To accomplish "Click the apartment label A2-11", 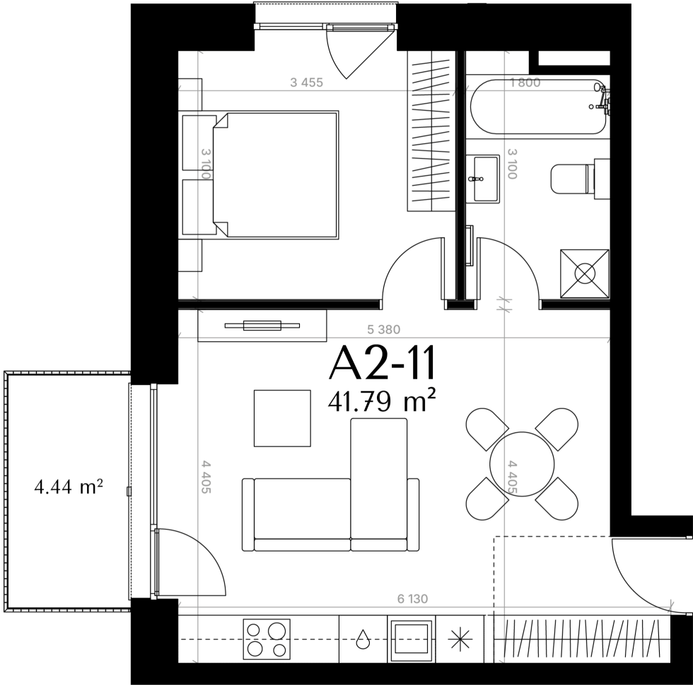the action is tap(383, 363).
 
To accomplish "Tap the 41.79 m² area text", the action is tap(382, 400).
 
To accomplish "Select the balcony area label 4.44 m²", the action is tap(69, 487).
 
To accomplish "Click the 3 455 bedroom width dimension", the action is tap(306, 83).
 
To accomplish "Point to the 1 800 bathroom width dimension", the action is tap(525, 83).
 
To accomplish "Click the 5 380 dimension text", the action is tap(383, 329).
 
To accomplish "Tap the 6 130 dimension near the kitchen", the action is tap(412, 599).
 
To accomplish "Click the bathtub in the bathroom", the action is tap(538, 107).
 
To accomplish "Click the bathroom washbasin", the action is tap(483, 178).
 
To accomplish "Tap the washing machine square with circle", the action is tap(584, 274).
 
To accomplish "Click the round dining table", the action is tap(522, 464).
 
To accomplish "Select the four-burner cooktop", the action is tap(267, 638).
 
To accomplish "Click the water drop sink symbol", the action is tap(363, 638).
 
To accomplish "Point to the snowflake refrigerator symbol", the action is tap(460, 639).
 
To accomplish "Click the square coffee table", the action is tap(282, 418).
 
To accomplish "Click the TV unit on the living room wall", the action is tap(262, 326).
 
